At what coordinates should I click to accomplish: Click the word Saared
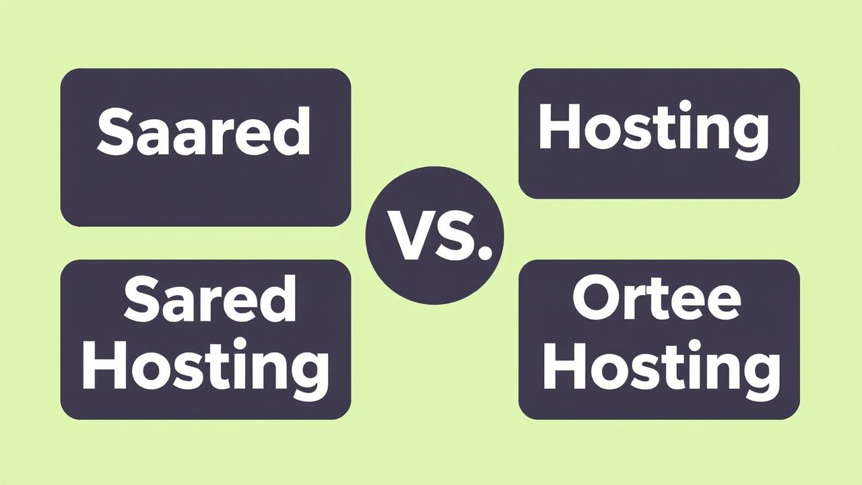click(203, 132)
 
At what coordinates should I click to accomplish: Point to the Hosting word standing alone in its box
click(653, 129)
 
